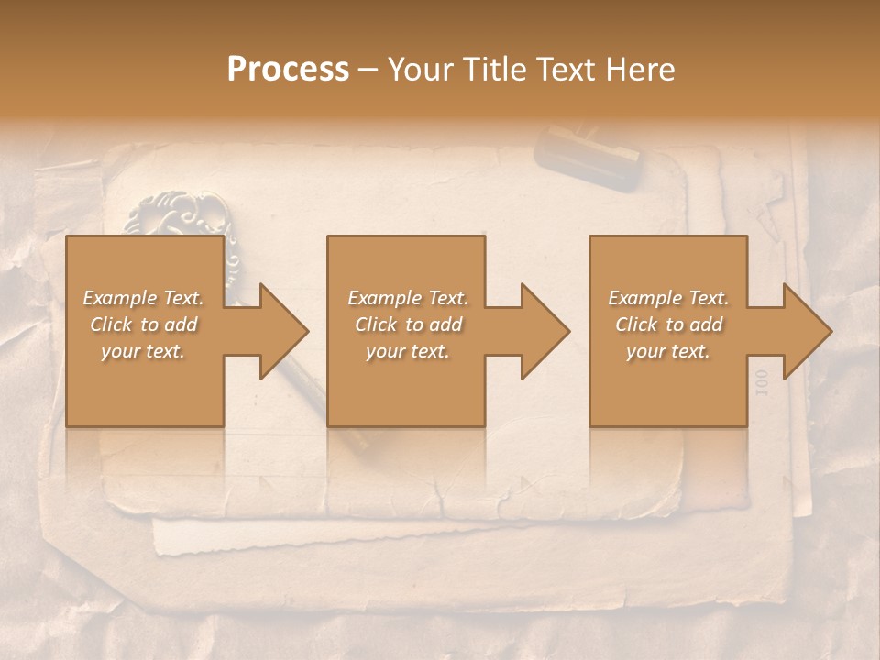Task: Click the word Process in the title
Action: point(288,70)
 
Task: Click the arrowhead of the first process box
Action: point(280,331)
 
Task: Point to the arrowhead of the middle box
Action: point(541,331)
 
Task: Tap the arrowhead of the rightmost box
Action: point(803,331)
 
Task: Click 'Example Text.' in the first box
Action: point(143,298)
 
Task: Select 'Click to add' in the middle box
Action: point(408,324)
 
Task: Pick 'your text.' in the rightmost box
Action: point(668,351)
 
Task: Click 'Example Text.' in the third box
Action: point(668,298)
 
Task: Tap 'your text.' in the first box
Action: point(143,351)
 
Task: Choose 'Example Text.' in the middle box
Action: point(408,298)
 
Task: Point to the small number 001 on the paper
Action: point(760,382)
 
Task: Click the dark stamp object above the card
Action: point(588,159)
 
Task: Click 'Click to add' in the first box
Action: point(143,324)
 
